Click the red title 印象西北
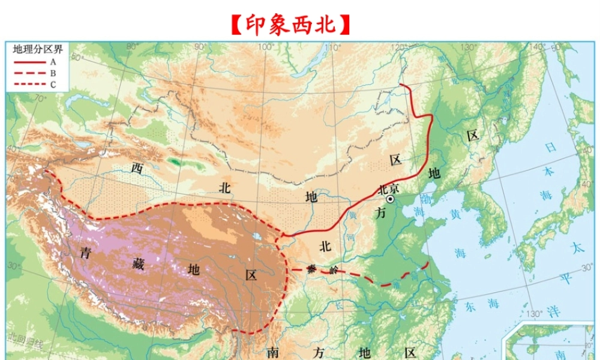290,25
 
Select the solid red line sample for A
29,61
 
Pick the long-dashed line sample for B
29,73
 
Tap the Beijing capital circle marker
391,199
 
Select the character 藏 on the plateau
139,264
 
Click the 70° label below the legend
40,98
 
